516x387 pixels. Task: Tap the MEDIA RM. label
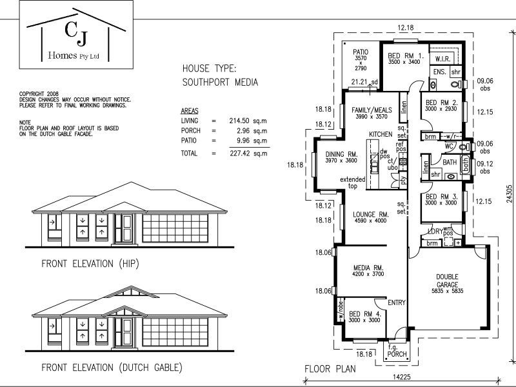coord(369,268)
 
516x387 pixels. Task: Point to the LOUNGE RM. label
coord(370,214)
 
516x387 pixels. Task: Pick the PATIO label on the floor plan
coord(361,51)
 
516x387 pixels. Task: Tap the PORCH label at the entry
coord(397,353)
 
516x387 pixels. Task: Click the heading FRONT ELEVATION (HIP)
coord(90,264)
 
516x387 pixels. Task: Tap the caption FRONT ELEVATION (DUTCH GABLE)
coord(111,368)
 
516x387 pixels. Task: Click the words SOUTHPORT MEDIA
coord(220,83)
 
